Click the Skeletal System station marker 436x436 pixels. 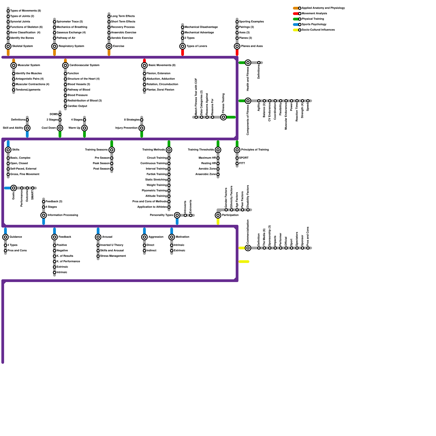click(8, 46)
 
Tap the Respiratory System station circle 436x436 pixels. click(55, 46)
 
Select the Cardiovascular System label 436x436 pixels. click(84, 65)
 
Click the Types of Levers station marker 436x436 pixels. click(183, 46)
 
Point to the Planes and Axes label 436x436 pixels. click(252, 46)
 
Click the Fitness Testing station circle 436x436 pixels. click(223, 117)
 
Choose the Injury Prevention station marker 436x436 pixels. click(142, 128)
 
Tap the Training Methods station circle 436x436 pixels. click(169, 150)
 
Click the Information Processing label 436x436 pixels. click(63, 215)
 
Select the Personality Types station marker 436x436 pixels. click(177, 215)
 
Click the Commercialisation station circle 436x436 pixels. click(248, 248)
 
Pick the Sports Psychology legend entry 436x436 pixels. click(314, 25)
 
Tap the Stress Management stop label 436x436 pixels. click(113, 256)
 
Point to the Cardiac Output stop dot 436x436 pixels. click(65, 106)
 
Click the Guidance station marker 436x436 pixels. click(5, 237)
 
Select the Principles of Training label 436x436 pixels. click(255, 150)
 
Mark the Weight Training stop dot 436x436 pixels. click(169, 185)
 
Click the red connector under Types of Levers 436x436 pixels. click(183, 52)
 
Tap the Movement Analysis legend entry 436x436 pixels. click(314, 14)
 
